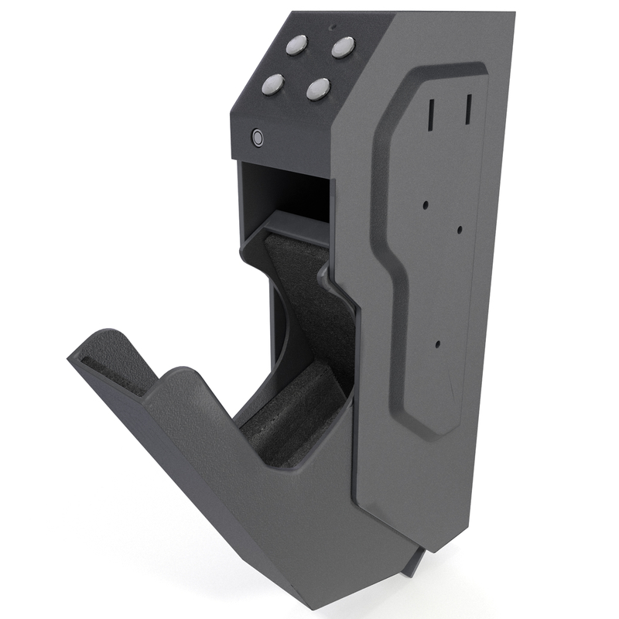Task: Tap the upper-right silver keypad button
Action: tap(343, 48)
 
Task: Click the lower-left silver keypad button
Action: tap(272, 84)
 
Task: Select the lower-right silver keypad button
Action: tap(318, 89)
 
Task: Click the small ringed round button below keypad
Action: tap(257, 139)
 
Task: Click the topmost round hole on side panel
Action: tap(426, 205)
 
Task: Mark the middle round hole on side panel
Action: tap(460, 229)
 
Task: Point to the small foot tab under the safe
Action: tap(412, 561)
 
